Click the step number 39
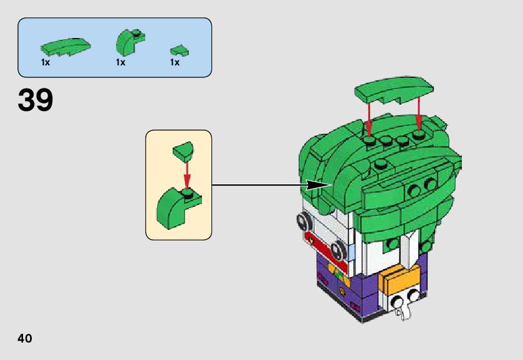[36, 101]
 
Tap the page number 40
[25, 338]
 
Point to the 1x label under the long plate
[46, 62]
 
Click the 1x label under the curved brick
[120, 62]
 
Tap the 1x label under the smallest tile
[175, 62]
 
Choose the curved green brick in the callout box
[178, 205]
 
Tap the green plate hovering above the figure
[393, 89]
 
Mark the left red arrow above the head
[369, 118]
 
